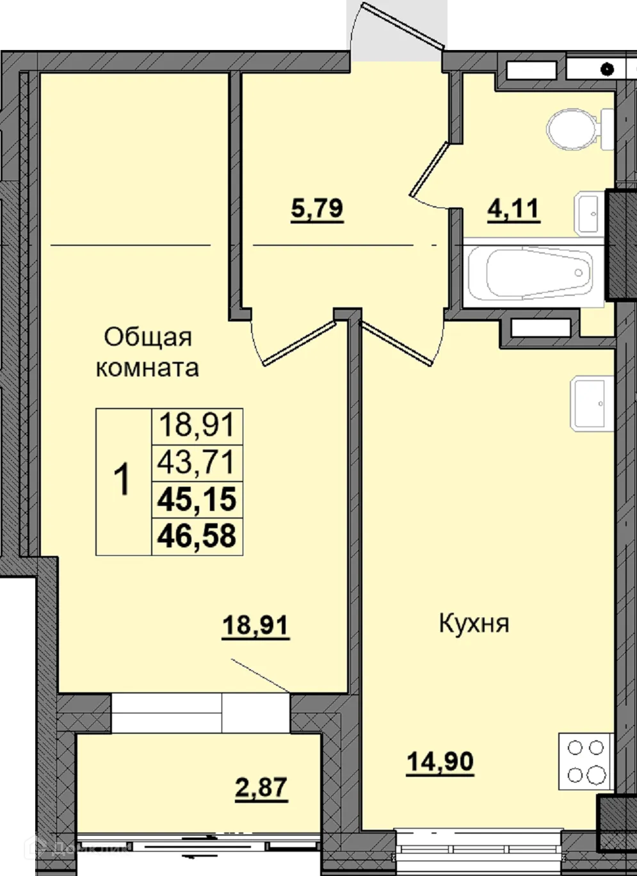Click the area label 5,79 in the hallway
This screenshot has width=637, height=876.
[x=317, y=209]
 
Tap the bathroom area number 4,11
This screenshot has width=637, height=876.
[x=513, y=209]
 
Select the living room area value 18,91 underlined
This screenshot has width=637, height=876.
[x=255, y=625]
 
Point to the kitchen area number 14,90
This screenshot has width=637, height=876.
[x=440, y=762]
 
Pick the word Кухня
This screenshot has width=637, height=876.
[x=474, y=623]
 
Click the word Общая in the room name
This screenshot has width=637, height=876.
[x=148, y=337]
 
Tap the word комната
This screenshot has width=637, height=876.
[x=147, y=368]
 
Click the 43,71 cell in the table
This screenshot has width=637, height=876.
[x=197, y=462]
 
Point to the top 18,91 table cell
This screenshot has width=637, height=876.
[x=197, y=425]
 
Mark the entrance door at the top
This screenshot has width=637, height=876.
[x=397, y=26]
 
